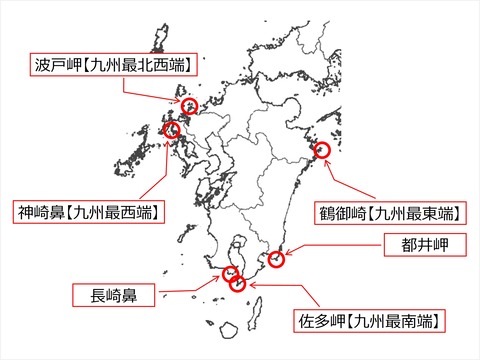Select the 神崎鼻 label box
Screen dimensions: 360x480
90,212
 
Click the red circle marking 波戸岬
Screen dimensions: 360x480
189,104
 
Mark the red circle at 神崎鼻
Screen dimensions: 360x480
172,130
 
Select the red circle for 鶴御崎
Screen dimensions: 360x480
320,151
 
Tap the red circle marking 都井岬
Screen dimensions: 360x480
277,261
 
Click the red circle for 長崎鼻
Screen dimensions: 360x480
231,273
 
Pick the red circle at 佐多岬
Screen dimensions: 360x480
238,284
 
